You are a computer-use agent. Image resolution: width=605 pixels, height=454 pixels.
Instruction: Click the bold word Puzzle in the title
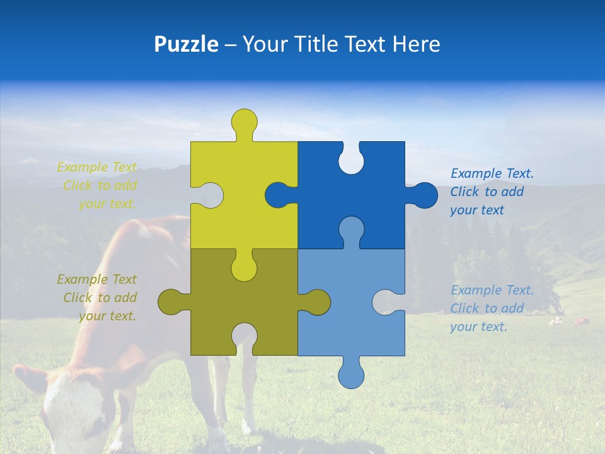tap(186, 45)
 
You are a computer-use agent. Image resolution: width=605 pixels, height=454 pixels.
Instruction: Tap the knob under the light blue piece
tap(351, 375)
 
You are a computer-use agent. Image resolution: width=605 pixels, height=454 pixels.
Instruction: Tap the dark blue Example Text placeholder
tap(491, 192)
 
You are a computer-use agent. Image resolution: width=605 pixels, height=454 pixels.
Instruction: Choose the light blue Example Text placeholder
tap(491, 308)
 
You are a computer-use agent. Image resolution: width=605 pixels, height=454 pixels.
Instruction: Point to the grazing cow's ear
tap(28, 378)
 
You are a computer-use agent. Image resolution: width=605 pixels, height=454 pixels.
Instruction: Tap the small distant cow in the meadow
tap(580, 322)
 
